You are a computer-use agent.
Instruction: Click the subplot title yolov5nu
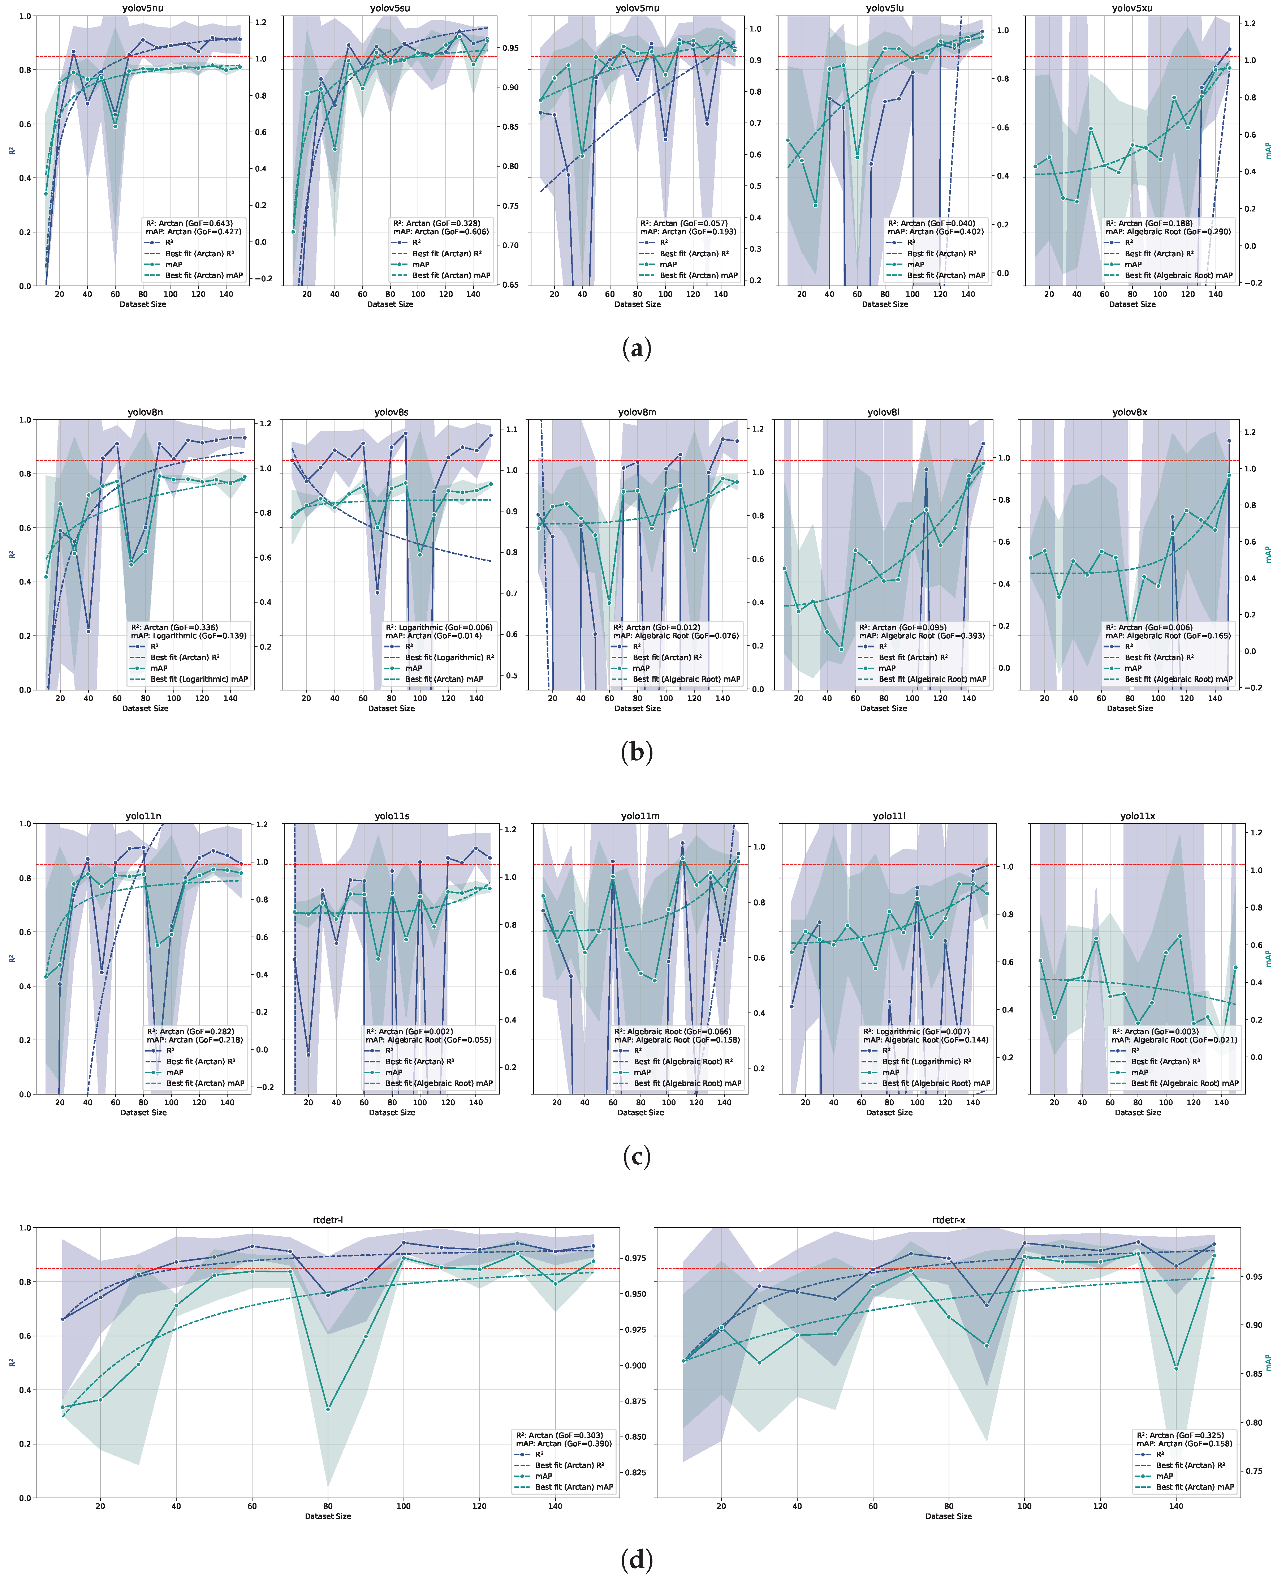tap(143, 8)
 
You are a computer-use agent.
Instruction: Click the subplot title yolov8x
tap(1129, 412)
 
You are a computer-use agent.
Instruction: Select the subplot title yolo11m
tap(640, 816)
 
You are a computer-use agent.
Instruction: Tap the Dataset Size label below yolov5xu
tap(1132, 304)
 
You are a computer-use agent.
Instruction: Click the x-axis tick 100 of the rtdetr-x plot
tap(1024, 1506)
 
